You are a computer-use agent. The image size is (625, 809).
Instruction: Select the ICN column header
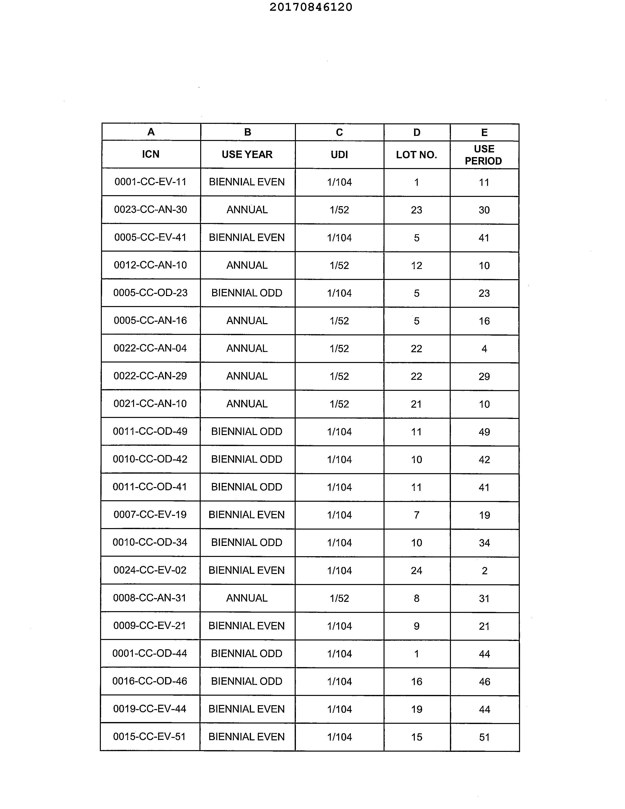pyautogui.click(x=151, y=154)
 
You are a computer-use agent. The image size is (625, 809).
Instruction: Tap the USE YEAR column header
pyautogui.click(x=247, y=154)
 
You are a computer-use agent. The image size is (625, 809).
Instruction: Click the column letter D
pyautogui.click(x=417, y=132)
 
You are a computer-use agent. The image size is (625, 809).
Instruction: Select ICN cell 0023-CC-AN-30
pyautogui.click(x=150, y=210)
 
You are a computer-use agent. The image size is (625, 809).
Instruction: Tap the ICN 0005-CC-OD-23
pyautogui.click(x=150, y=293)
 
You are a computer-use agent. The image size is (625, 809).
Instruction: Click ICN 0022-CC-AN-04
pyautogui.click(x=150, y=348)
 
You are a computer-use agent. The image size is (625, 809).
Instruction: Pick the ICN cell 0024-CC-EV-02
pyautogui.click(x=150, y=570)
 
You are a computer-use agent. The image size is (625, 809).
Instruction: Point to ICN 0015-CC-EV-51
pyautogui.click(x=150, y=736)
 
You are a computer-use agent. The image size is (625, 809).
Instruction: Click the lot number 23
pyautogui.click(x=417, y=210)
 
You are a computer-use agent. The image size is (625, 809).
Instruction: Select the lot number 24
pyautogui.click(x=417, y=570)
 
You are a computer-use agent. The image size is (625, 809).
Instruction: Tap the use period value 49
pyautogui.click(x=484, y=432)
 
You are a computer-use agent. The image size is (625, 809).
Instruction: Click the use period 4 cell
pyautogui.click(x=484, y=349)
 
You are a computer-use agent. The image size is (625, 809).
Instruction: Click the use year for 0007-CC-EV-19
pyautogui.click(x=247, y=514)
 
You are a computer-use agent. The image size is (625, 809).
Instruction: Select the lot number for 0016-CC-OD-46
pyautogui.click(x=417, y=681)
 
